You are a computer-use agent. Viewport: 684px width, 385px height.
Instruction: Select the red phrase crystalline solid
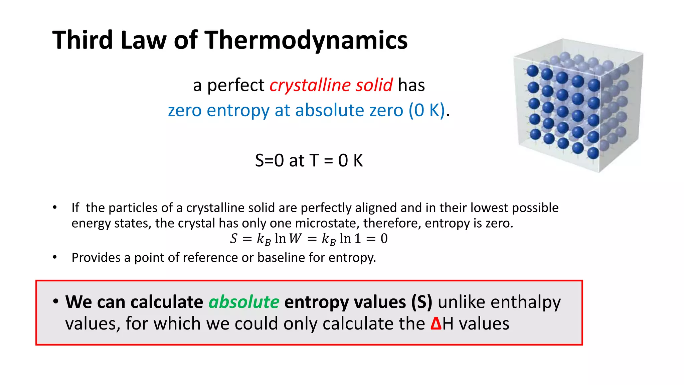tap(331, 85)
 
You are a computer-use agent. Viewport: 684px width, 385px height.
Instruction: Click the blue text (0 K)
tap(427, 110)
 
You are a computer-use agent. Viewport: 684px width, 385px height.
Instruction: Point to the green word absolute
tap(244, 302)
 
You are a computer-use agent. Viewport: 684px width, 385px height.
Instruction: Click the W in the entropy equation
tap(295, 239)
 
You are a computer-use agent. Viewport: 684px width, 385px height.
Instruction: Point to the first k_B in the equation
tap(264, 239)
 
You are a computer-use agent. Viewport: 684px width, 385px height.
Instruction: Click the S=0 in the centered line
tap(269, 160)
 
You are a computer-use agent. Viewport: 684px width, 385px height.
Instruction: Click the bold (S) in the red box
tap(421, 302)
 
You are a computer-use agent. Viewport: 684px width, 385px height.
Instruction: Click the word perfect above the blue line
tap(235, 85)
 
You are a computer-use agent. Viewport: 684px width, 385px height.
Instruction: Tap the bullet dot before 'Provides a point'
tap(55, 257)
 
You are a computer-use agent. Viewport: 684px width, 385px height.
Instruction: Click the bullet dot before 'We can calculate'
tap(56, 301)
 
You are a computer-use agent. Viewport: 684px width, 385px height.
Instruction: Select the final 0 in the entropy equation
tap(384, 239)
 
